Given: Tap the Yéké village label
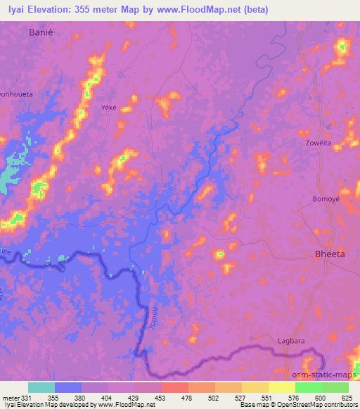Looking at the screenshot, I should pos(110,99).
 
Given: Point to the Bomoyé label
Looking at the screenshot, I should pos(326,199).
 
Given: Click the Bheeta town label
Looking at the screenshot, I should pos(328,254).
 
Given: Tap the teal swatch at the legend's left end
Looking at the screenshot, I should pos(41,387).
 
